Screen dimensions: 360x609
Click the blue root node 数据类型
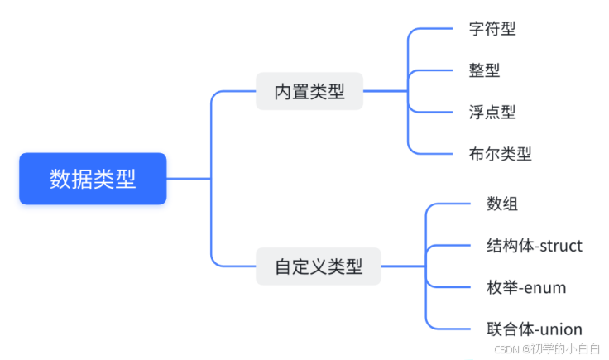pyautogui.click(x=93, y=178)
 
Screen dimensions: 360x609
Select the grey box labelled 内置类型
pyautogui.click(x=309, y=91)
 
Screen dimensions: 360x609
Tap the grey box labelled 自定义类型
pyautogui.click(x=318, y=266)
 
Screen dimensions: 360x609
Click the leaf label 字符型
pyautogui.click(x=492, y=29)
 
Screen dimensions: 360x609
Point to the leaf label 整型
pyautogui.click(x=483, y=70)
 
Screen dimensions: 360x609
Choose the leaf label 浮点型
pyautogui.click(x=492, y=112)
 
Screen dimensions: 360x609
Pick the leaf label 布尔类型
pyautogui.click(x=500, y=153)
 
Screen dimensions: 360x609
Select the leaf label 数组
pyautogui.click(x=502, y=204)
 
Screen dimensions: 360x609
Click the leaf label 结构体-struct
pyautogui.click(x=535, y=246)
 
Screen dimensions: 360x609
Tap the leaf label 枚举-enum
pyautogui.click(x=526, y=287)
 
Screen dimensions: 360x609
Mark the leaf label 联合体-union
pyautogui.click(x=535, y=329)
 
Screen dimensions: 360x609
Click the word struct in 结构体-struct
pyautogui.click(x=560, y=246)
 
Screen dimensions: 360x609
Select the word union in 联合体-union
pyautogui.click(x=561, y=329)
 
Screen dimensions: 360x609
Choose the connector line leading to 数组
pyautogui.click(x=451, y=204)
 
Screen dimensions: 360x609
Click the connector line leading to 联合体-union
pyautogui.click(x=451, y=329)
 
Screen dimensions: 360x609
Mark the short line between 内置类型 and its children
pyautogui.click(x=385, y=91)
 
